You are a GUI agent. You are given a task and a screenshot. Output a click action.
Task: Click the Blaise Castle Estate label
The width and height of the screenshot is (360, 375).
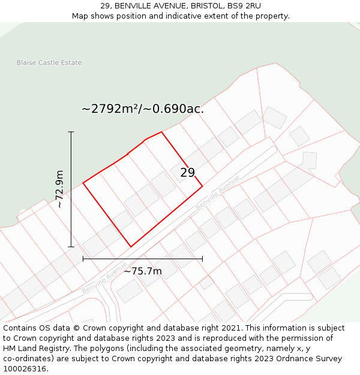(x=49, y=62)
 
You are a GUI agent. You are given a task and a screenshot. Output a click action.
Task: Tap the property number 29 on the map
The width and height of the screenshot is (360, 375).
(x=187, y=173)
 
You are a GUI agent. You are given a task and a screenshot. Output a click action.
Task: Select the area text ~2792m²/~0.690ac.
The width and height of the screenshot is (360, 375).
(x=143, y=109)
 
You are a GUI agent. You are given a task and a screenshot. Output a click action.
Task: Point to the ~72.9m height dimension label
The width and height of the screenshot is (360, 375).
(x=59, y=189)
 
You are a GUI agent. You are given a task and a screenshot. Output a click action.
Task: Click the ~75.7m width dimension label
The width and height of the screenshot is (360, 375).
(x=143, y=271)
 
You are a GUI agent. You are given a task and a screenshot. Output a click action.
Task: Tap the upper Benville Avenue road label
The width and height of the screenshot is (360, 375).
(x=217, y=191)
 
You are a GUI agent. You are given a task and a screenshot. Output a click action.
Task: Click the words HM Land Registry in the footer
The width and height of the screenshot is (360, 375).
(x=32, y=349)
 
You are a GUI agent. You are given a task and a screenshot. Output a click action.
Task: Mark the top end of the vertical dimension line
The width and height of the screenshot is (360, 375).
(x=71, y=131)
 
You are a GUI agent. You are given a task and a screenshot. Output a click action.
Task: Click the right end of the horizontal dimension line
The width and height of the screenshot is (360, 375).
(x=202, y=259)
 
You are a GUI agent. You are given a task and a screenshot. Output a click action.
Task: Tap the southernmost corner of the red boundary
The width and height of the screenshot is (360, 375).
(x=131, y=247)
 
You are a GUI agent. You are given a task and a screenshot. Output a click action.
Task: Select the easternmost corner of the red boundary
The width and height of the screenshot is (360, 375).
(x=202, y=186)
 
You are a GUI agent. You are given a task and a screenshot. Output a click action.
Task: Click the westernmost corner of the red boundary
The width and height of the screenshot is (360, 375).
(x=83, y=182)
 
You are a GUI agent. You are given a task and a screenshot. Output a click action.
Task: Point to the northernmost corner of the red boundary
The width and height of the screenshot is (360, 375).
(x=161, y=132)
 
